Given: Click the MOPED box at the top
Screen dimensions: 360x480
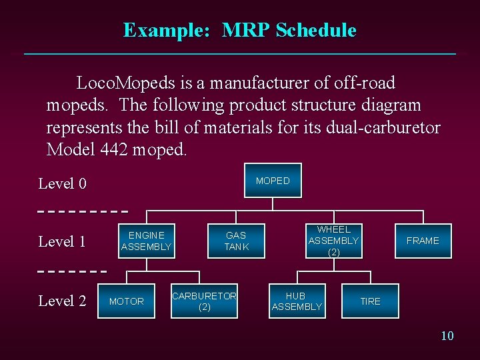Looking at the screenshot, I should (x=273, y=181).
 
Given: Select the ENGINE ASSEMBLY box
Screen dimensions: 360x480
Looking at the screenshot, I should (x=146, y=241).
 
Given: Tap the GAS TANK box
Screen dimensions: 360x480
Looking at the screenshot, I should (x=236, y=241).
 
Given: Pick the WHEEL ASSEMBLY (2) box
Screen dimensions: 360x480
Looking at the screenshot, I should (x=333, y=241).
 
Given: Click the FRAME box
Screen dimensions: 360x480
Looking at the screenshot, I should (x=423, y=241).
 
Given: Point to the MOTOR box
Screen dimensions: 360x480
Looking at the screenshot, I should (x=127, y=301).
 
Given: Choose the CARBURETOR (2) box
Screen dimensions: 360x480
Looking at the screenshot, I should (x=204, y=301).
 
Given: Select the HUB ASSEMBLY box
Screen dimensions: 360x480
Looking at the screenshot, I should (x=297, y=301).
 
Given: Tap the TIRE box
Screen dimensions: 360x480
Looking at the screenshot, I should (x=370, y=301).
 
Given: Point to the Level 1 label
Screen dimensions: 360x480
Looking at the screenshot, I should (x=62, y=242).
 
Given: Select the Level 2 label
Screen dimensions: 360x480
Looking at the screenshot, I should (x=62, y=301).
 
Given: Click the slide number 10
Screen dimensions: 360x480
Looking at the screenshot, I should (x=447, y=335).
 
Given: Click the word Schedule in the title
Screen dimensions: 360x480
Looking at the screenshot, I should (x=315, y=31).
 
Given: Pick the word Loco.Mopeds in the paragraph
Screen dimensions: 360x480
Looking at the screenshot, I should (x=127, y=83).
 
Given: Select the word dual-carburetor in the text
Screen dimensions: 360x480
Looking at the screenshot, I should (x=383, y=128).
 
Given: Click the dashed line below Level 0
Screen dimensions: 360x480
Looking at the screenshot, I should (x=83, y=211).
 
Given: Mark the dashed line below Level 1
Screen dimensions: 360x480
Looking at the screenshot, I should (x=72, y=271).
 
